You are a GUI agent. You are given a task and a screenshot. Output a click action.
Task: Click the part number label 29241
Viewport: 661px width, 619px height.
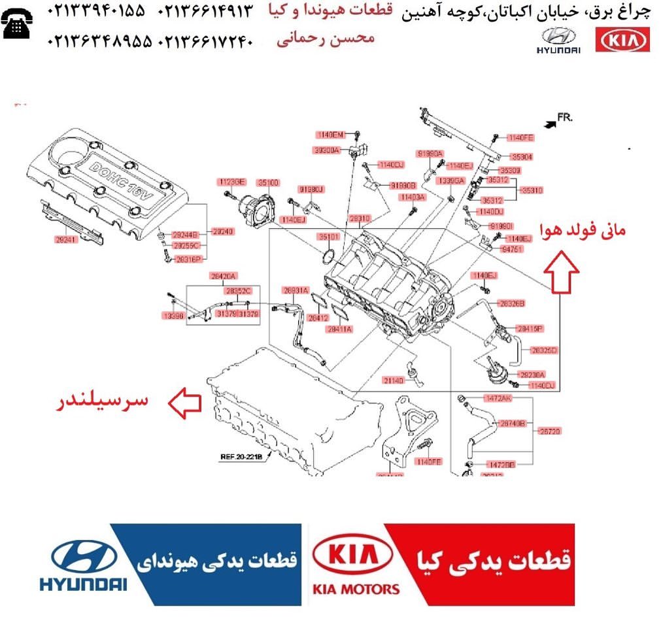[x=66, y=240]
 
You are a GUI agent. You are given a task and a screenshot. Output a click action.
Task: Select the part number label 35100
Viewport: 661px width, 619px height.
[x=268, y=182]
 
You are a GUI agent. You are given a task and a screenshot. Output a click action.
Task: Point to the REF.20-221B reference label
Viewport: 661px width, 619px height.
[x=241, y=457]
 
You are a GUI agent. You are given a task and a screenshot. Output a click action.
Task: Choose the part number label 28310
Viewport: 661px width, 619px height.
[x=359, y=218]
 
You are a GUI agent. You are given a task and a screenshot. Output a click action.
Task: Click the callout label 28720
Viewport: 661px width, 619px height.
[x=549, y=431]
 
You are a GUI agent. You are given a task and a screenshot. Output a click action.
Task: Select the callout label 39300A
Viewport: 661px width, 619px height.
[x=327, y=150]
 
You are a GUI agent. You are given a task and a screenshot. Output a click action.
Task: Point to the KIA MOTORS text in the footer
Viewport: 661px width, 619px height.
[x=356, y=589]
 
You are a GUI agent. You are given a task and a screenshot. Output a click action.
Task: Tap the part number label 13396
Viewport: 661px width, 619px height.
[x=173, y=316]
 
